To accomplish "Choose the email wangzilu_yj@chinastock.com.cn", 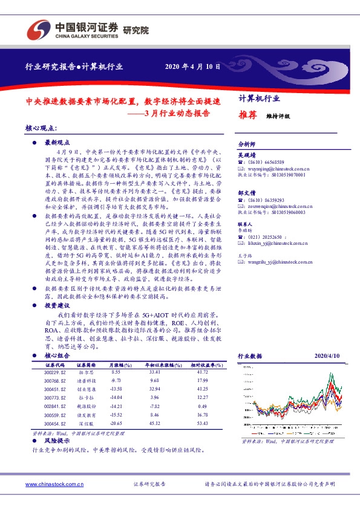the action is click(278, 262).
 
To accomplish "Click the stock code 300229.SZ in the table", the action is click(55, 372).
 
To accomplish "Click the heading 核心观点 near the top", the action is click(41, 129).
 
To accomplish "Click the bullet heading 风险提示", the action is click(56, 443).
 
